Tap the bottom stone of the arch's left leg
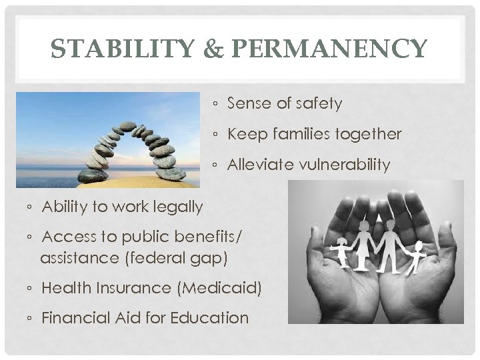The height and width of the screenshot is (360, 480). [91, 175]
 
